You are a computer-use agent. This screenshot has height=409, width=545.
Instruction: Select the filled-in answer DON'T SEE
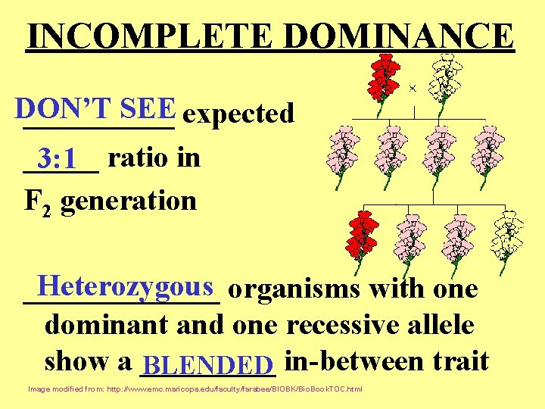(x=94, y=109)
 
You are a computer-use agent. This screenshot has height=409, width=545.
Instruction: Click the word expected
(x=238, y=114)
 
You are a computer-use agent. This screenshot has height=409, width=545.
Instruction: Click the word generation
(x=129, y=201)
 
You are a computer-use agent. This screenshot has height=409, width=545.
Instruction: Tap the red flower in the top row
(x=385, y=77)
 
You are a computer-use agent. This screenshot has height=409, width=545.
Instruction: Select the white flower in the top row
(x=445, y=77)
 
